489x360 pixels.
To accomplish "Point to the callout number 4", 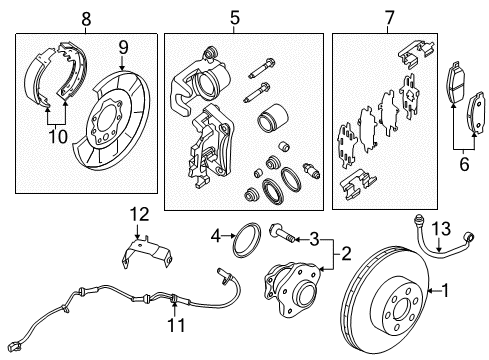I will point(215,237).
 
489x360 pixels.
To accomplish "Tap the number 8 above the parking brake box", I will point(86,17).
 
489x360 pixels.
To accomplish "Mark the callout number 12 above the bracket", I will point(138,212).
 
